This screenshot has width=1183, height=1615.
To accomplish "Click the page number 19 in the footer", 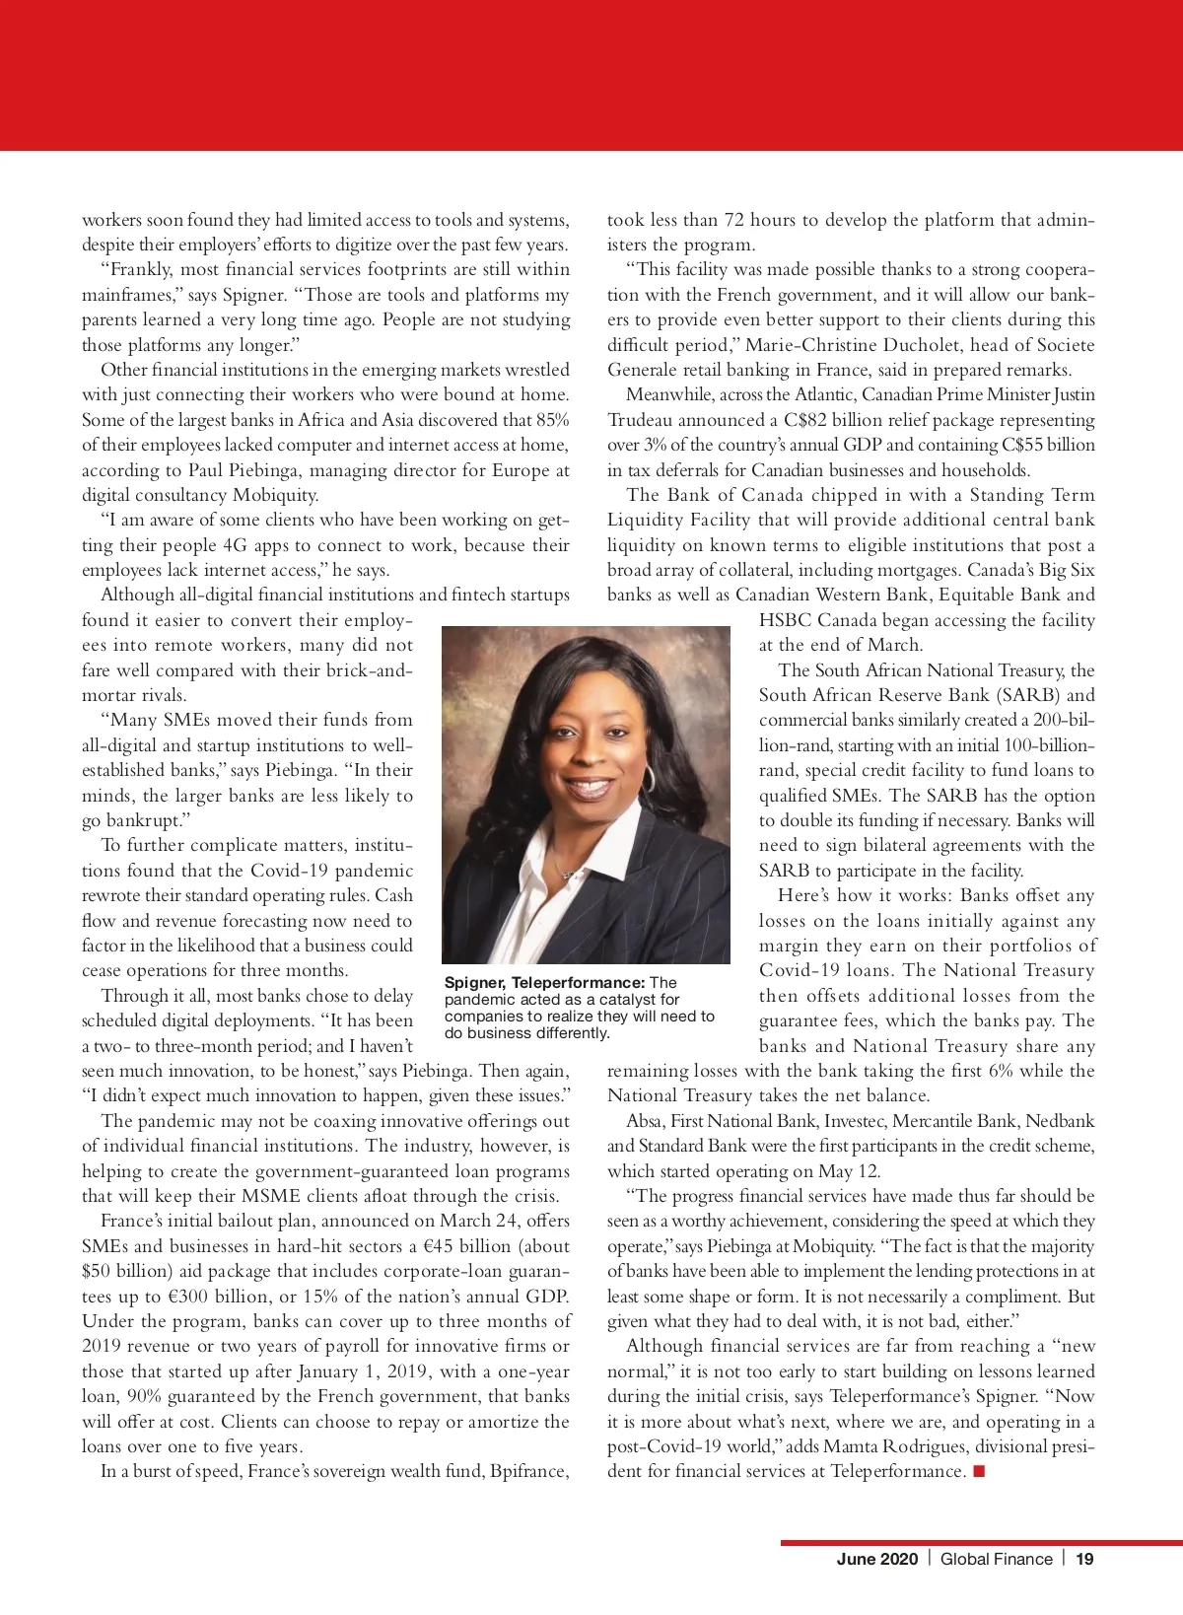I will (x=1084, y=1559).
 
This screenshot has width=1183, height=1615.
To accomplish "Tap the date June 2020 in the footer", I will (x=876, y=1559).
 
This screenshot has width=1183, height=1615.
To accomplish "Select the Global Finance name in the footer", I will (x=996, y=1559).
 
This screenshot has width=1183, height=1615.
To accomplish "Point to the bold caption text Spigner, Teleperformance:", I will (x=544, y=982).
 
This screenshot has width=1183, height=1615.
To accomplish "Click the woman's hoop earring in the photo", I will (x=647, y=778).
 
